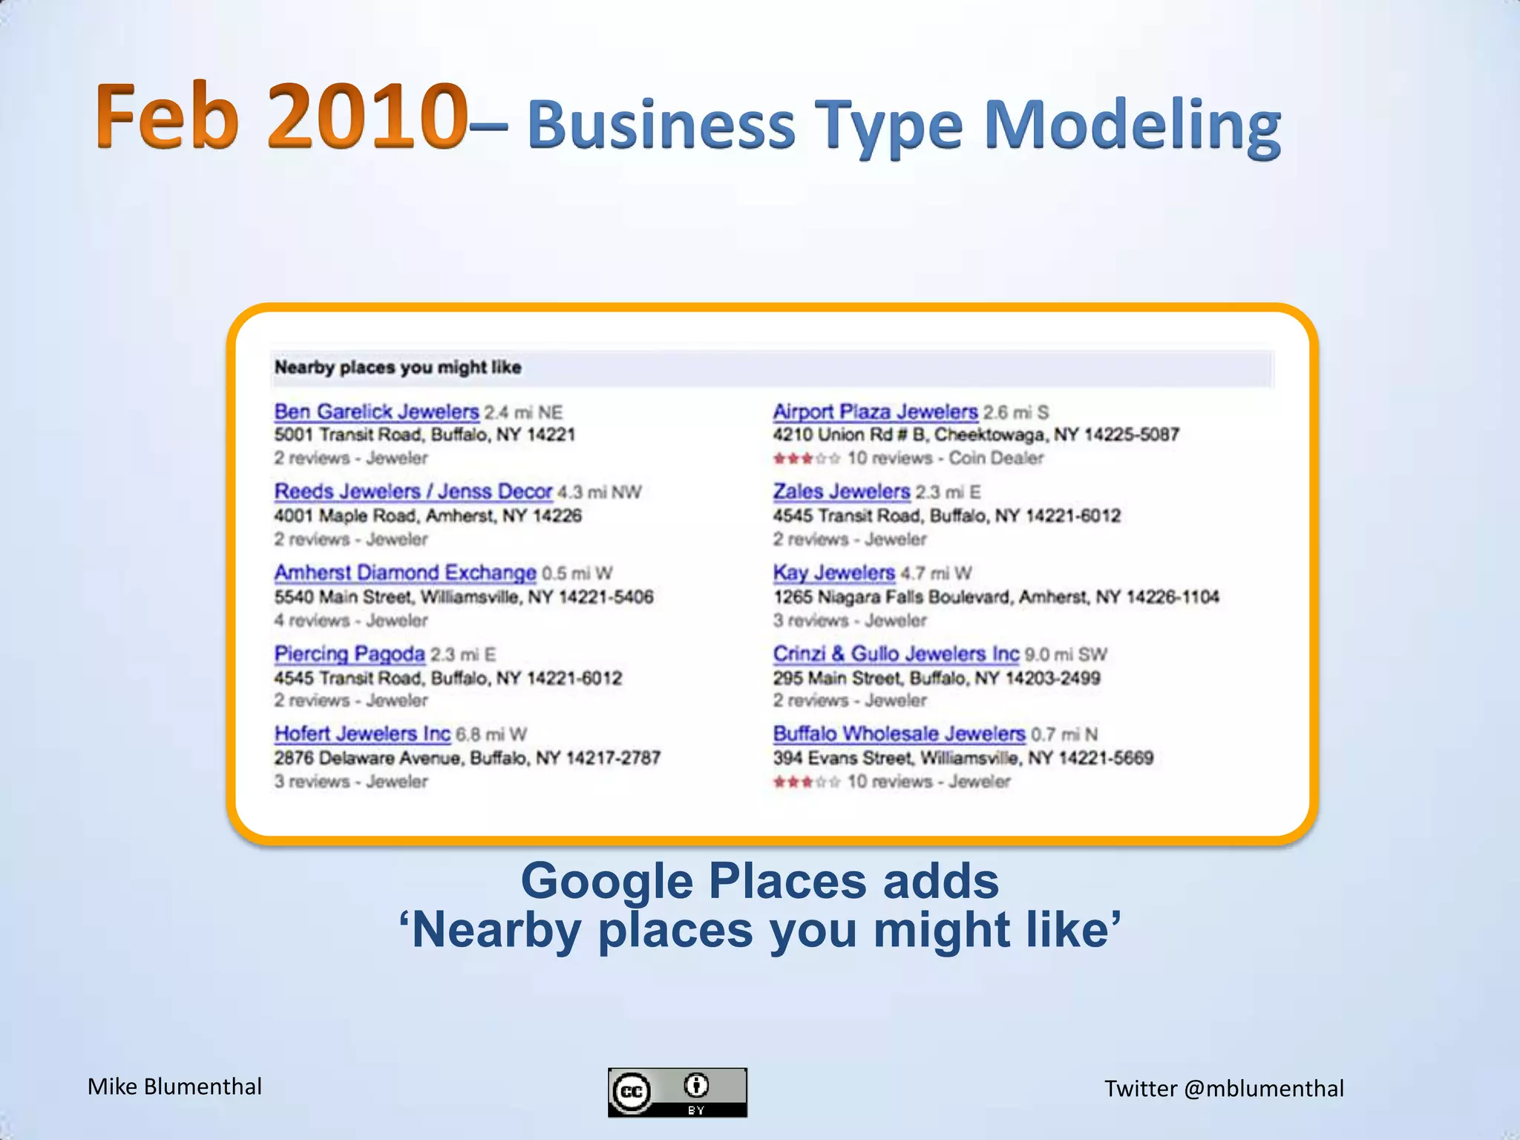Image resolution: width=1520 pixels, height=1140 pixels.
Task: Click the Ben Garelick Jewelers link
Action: coord(376,412)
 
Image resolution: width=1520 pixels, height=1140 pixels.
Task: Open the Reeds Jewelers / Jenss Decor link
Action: coord(413,492)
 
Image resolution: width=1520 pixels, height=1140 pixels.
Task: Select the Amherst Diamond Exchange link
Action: coord(404,573)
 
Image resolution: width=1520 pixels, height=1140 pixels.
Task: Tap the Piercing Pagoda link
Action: coord(349,654)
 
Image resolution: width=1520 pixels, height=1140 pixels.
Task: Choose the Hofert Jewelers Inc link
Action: coord(362,734)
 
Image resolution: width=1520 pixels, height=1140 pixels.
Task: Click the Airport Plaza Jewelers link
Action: coord(875,412)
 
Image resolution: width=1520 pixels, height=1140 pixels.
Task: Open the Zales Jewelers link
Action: coord(841,492)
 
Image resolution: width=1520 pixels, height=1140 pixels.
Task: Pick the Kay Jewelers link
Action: coord(833,573)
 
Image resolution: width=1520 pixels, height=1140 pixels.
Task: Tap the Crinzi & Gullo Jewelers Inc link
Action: coord(896,654)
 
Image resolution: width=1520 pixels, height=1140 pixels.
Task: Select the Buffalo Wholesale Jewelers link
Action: coord(899,734)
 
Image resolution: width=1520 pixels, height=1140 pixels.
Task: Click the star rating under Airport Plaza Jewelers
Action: coord(806,459)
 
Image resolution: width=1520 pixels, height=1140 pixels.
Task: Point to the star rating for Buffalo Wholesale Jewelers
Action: coord(806,782)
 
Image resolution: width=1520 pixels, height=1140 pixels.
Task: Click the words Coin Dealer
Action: coord(996,459)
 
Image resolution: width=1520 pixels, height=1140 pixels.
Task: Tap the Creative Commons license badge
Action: coord(677,1092)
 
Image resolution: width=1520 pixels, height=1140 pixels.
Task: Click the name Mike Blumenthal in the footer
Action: coord(174,1087)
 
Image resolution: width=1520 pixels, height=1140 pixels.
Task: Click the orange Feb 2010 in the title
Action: coord(281,117)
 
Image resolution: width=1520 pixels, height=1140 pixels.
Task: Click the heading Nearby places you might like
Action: coord(398,367)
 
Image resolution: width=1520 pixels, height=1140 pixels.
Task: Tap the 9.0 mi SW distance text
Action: coord(1066,655)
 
